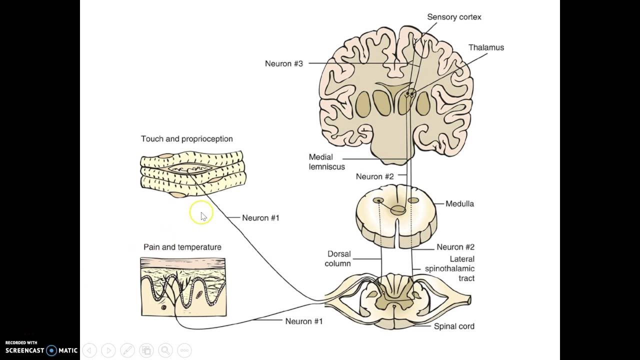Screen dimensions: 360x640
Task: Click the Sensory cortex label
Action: [454, 17]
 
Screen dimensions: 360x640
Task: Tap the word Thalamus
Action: [486, 47]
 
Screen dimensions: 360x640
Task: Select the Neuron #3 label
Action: [284, 64]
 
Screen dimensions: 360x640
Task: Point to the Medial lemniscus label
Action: [326, 162]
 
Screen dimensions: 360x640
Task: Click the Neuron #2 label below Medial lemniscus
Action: [375, 176]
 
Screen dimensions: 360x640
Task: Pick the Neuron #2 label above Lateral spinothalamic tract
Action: [455, 247]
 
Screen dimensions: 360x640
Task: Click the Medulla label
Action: [459, 204]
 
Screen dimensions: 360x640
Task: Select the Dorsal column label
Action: [339, 258]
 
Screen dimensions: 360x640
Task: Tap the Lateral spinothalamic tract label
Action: [449, 268]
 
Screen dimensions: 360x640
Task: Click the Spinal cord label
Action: [454, 326]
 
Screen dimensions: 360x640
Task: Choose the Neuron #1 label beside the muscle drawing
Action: [260, 218]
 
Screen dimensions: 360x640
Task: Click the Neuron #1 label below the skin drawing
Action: [304, 321]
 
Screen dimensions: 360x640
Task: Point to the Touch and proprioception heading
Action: [186, 139]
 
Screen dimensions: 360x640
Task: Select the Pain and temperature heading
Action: [182, 247]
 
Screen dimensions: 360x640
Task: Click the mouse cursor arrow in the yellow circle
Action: [203, 216]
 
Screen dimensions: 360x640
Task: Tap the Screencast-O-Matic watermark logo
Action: [41, 350]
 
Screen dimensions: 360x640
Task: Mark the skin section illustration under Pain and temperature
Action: [183, 286]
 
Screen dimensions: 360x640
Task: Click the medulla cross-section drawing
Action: [396, 215]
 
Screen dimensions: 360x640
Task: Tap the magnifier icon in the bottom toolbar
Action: [165, 350]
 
